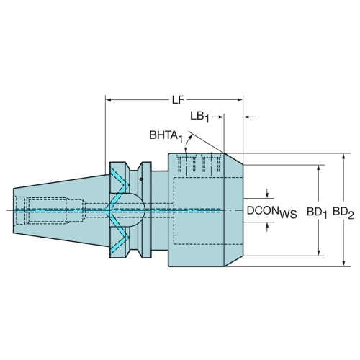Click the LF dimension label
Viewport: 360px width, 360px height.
point(178,100)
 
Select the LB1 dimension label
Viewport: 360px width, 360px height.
point(199,117)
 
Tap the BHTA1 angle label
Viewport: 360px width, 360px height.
point(166,136)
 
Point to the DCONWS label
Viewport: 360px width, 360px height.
point(272,212)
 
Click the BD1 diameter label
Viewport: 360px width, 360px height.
point(317,212)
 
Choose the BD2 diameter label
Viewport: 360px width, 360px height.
point(343,212)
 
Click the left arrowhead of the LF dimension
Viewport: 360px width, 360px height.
point(109,99)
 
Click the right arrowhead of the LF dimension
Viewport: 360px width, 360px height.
point(240,99)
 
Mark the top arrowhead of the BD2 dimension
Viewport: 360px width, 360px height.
point(343,157)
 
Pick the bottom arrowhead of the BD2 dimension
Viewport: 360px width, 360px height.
point(343,263)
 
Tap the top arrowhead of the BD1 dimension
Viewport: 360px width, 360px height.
point(318,168)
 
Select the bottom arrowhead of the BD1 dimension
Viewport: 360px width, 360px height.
point(318,252)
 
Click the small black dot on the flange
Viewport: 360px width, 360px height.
point(141,179)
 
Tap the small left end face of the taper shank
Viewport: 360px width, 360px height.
point(13,210)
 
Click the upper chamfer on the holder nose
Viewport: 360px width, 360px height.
point(233,158)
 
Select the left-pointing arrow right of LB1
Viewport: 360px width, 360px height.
point(250,117)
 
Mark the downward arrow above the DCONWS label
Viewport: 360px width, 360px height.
point(267,194)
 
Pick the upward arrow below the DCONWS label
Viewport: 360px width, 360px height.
point(267,227)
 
